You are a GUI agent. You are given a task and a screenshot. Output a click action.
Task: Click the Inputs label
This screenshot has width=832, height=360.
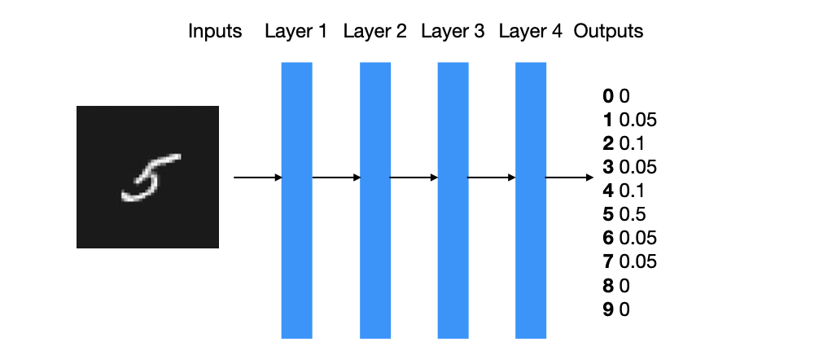point(215,32)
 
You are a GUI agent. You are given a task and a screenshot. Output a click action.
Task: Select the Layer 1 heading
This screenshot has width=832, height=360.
point(296,31)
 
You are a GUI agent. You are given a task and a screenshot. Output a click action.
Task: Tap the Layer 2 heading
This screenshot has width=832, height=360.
point(374,31)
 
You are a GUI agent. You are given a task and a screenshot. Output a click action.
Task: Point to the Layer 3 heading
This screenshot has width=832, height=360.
point(453,31)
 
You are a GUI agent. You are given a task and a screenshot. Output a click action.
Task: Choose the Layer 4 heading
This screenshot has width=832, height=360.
point(530,31)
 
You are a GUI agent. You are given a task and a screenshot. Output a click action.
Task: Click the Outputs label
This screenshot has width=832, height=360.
point(609,31)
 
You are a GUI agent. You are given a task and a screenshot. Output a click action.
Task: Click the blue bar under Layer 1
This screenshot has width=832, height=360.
point(296,200)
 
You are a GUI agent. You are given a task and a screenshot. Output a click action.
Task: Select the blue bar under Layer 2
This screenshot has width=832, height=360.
point(375,200)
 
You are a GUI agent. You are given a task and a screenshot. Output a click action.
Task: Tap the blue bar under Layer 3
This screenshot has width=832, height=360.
point(453,200)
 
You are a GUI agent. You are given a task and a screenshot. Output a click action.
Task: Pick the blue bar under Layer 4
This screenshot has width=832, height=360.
point(531,200)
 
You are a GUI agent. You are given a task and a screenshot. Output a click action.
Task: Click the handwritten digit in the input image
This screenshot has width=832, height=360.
point(149,178)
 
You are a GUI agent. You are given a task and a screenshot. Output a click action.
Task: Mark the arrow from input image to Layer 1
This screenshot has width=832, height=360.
point(257,178)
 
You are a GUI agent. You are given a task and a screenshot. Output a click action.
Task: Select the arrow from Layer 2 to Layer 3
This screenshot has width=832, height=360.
point(414,178)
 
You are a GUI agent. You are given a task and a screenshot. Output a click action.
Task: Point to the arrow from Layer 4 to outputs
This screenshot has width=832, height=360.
point(570,178)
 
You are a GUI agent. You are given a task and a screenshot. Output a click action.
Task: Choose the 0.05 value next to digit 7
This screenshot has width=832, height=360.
point(637,261)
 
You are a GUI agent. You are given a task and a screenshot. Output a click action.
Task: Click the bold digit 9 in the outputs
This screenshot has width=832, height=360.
point(608,309)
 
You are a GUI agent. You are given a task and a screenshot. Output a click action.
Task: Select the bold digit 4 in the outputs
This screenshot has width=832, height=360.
point(608,191)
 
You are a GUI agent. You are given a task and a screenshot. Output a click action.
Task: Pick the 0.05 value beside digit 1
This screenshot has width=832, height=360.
point(637,120)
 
